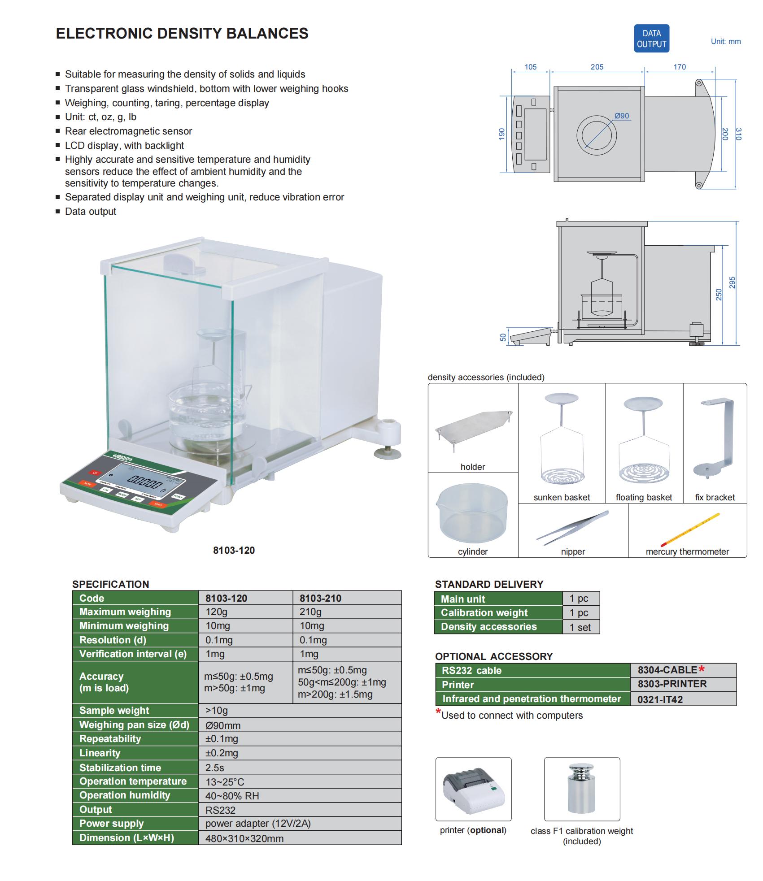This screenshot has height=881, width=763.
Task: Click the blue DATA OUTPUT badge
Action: coord(651,39)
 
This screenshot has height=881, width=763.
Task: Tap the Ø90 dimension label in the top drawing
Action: coord(622,116)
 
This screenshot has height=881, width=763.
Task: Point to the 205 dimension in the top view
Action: coord(597,67)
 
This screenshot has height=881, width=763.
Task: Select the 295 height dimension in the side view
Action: coord(732,282)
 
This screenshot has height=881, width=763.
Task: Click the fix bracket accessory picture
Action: coord(715,438)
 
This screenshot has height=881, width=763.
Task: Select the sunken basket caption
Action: coord(562,497)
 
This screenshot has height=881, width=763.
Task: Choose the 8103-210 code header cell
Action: coord(320,598)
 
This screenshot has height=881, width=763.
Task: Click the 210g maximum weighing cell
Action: coord(310,612)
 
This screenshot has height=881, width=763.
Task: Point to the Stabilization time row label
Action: coord(120,768)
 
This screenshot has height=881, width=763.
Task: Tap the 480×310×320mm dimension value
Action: coord(244,838)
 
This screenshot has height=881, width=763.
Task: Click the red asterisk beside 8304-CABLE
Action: coord(702,669)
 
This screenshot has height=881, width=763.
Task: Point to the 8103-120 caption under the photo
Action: coord(234,551)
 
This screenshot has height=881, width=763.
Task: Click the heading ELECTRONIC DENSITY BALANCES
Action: coord(182,34)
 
